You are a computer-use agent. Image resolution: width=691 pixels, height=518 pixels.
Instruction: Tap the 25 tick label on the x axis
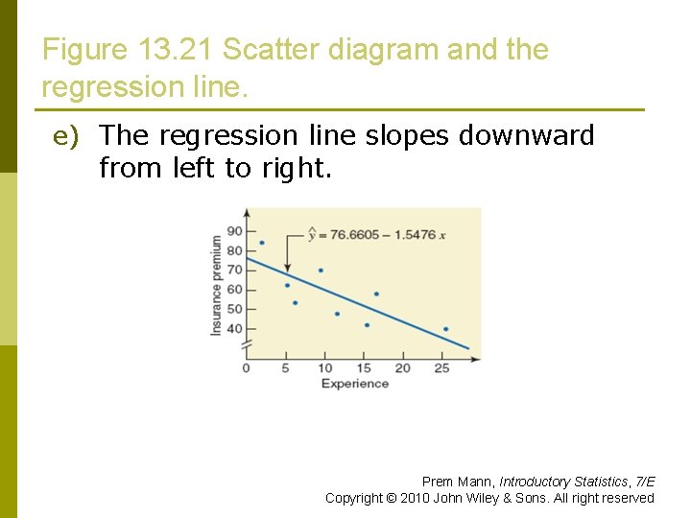click(441, 368)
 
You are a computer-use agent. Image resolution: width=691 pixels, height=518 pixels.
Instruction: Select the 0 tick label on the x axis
click(247, 368)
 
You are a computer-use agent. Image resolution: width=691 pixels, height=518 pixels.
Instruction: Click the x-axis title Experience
click(354, 384)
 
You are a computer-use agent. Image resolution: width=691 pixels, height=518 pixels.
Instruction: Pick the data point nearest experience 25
click(445, 329)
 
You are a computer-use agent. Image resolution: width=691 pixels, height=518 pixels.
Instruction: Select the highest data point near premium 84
click(261, 243)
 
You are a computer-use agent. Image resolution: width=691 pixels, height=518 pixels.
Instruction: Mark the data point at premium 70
click(321, 271)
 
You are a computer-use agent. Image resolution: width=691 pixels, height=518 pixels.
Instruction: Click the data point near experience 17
click(376, 294)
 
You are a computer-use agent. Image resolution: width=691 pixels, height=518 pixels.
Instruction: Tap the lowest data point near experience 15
click(367, 325)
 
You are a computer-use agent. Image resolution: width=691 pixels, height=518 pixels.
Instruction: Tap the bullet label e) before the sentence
click(64, 137)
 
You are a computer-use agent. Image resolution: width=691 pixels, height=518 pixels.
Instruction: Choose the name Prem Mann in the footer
click(458, 482)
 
